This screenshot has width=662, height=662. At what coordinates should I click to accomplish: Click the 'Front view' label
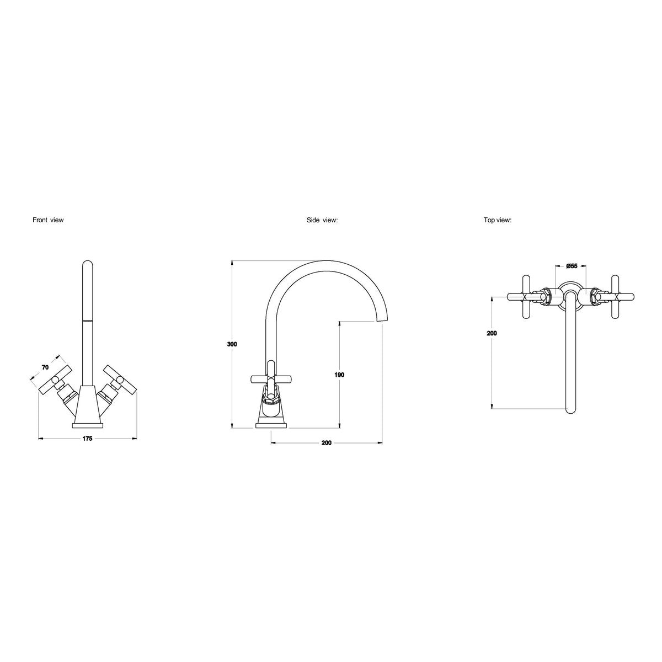point(48,220)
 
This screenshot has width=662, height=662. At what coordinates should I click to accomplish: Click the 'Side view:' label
point(322,220)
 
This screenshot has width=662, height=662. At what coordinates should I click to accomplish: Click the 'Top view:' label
point(498,220)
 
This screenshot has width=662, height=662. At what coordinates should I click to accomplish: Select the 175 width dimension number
point(87,439)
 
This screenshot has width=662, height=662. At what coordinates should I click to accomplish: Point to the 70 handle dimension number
point(45,367)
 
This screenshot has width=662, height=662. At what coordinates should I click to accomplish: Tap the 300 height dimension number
point(232,344)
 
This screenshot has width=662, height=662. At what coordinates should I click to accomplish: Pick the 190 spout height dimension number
point(339,375)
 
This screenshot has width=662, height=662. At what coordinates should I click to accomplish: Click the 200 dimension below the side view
point(327,443)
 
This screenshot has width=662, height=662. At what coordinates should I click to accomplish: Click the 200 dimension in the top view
point(492,333)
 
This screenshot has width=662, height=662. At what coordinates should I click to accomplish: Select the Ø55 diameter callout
point(572,266)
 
